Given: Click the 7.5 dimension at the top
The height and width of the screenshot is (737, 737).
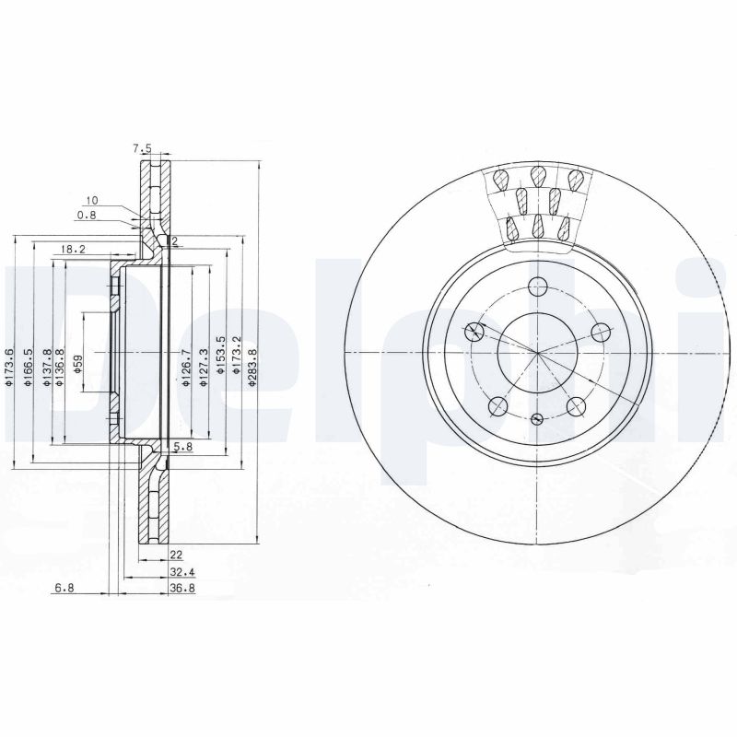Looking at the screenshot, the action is pyautogui.click(x=143, y=149).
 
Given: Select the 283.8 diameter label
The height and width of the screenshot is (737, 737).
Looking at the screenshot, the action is pyautogui.click(x=252, y=367).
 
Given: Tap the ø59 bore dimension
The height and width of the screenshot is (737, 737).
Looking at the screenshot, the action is pyautogui.click(x=78, y=364).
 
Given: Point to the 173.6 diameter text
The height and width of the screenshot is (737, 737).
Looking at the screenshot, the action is pyautogui.click(x=8, y=367).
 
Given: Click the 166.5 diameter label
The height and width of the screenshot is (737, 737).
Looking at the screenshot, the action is pyautogui.click(x=29, y=367).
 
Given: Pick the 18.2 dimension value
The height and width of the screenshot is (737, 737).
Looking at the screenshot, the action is pyautogui.click(x=73, y=249).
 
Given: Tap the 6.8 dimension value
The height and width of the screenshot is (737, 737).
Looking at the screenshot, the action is pyautogui.click(x=64, y=588).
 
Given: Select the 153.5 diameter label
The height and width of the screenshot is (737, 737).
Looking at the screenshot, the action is pyautogui.click(x=218, y=356).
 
